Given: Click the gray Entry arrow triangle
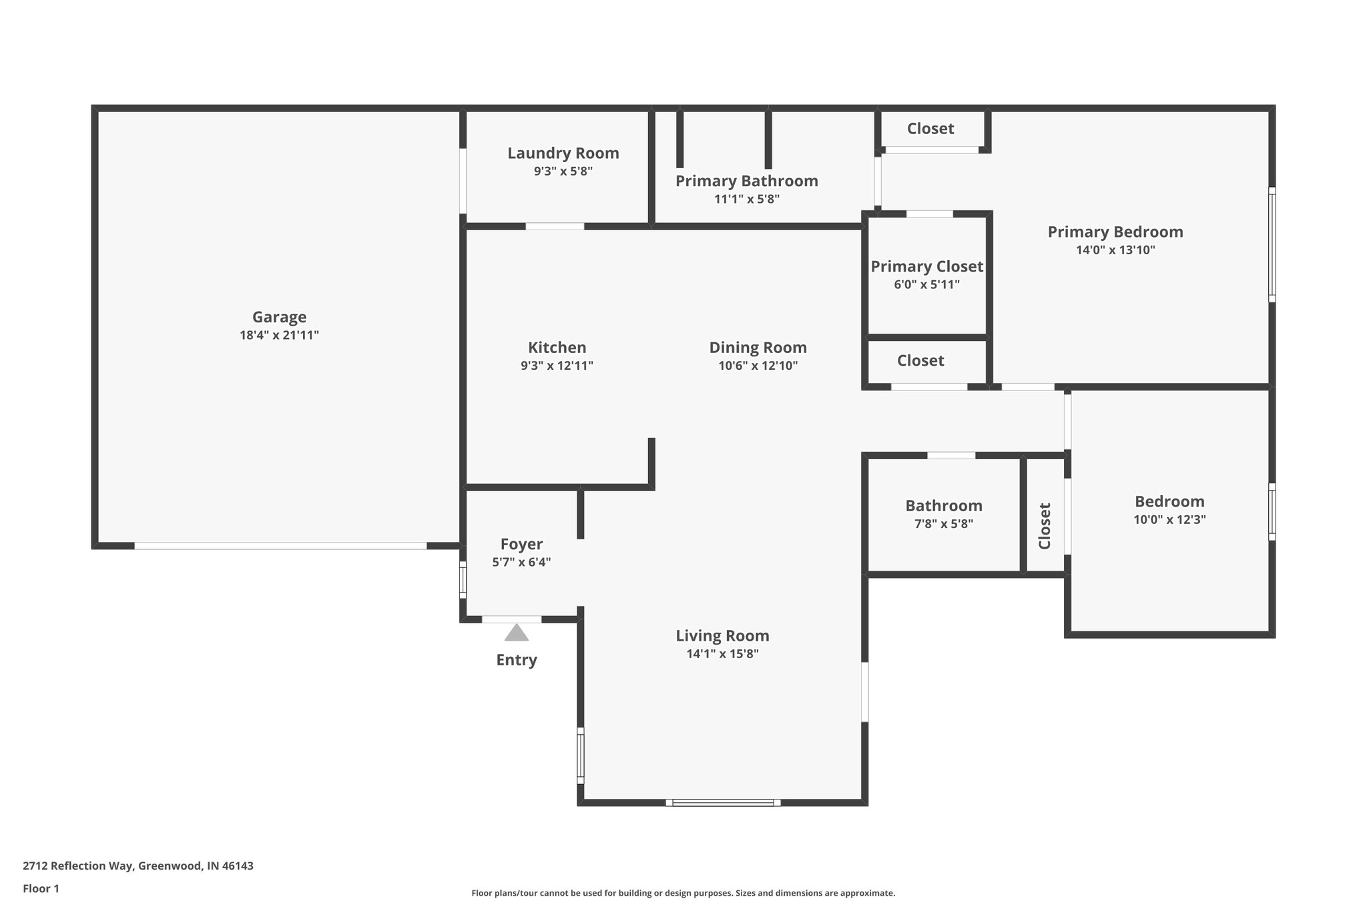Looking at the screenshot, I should [x=516, y=633].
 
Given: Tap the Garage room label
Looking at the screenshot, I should [x=279, y=317].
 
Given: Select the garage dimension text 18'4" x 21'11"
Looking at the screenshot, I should [x=279, y=335].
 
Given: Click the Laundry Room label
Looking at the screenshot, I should [x=563, y=153].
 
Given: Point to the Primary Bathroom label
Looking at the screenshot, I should [x=746, y=181].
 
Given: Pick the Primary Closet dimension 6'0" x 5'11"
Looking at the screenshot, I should [x=926, y=284].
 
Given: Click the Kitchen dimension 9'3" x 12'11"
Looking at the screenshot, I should [x=557, y=366].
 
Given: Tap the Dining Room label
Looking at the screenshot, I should [x=758, y=347].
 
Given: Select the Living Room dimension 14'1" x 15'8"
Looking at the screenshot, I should [x=722, y=654].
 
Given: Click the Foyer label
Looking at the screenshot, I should [x=521, y=544].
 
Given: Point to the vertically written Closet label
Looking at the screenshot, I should [x=1045, y=526].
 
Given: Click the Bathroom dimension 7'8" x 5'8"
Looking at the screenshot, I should [x=943, y=524].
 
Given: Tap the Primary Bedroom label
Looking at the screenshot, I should [x=1115, y=232].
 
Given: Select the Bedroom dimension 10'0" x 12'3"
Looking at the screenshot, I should [x=1169, y=520].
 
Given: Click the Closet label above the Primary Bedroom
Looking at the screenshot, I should [x=930, y=128].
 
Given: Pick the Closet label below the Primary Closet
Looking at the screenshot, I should [x=920, y=360].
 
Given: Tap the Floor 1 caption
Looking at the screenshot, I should [x=41, y=888].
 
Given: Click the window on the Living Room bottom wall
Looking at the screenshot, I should [x=723, y=802].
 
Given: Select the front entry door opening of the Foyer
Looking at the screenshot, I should [x=511, y=619].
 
